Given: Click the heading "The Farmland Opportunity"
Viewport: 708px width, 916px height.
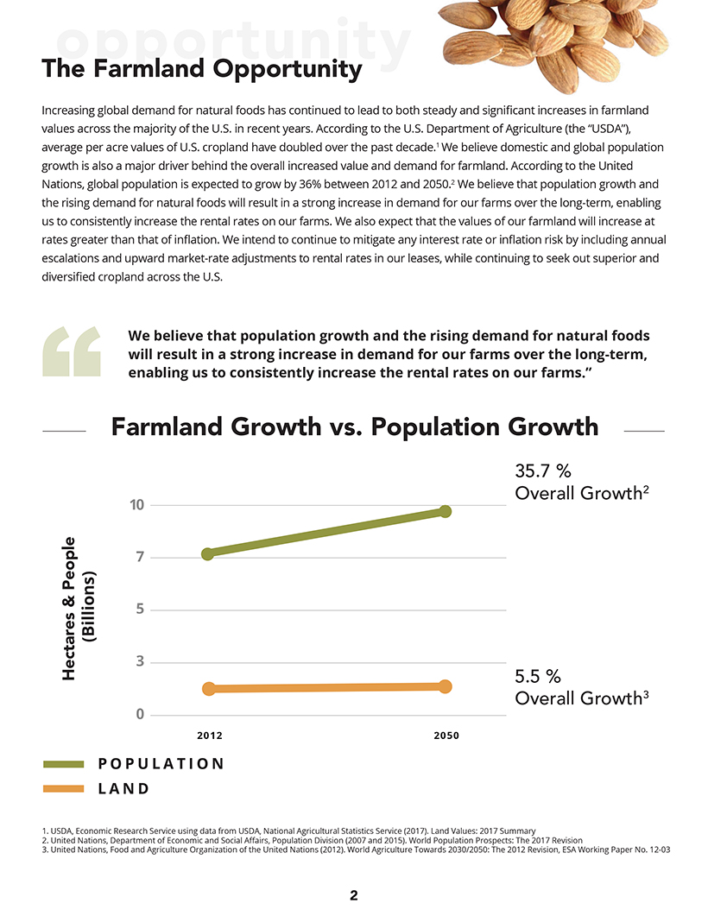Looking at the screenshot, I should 201,68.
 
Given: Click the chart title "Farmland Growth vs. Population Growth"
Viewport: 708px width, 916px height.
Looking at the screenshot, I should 354,426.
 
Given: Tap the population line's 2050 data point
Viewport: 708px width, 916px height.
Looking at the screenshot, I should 446,511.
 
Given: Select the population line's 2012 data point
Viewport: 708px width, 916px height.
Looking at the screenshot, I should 208,553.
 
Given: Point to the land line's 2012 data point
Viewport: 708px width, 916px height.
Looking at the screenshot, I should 208,688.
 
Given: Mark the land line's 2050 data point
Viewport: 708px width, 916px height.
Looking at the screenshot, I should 446,686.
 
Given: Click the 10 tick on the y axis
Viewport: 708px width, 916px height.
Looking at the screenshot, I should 136,504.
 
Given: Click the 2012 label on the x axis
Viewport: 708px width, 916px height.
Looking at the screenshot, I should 209,736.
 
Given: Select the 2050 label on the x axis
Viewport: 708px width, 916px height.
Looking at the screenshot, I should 446,736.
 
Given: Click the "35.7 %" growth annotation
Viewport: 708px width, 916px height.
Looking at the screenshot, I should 543,471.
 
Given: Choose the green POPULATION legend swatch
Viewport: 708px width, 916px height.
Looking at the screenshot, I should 63,764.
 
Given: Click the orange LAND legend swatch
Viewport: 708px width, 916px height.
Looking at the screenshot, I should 63,788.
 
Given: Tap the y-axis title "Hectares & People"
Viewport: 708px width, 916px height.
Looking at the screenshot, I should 70,608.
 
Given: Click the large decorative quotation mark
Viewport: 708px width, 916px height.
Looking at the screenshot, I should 72,352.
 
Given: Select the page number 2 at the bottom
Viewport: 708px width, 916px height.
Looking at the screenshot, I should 354,895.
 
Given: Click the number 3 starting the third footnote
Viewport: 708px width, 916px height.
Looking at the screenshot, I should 44,850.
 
